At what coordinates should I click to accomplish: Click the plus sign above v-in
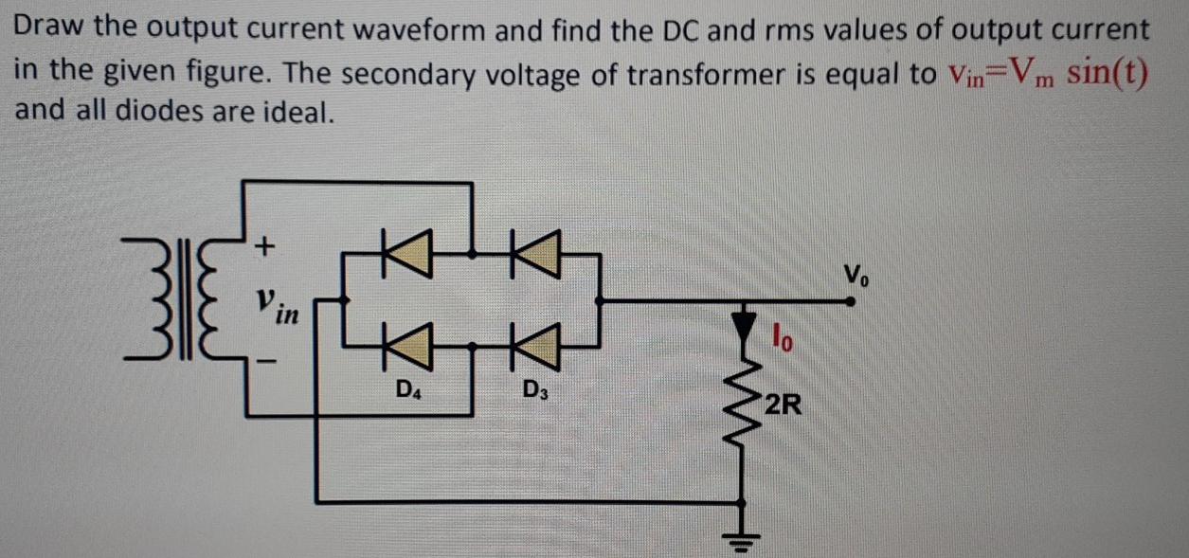[x=265, y=247]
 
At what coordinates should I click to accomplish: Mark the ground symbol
[x=741, y=542]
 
